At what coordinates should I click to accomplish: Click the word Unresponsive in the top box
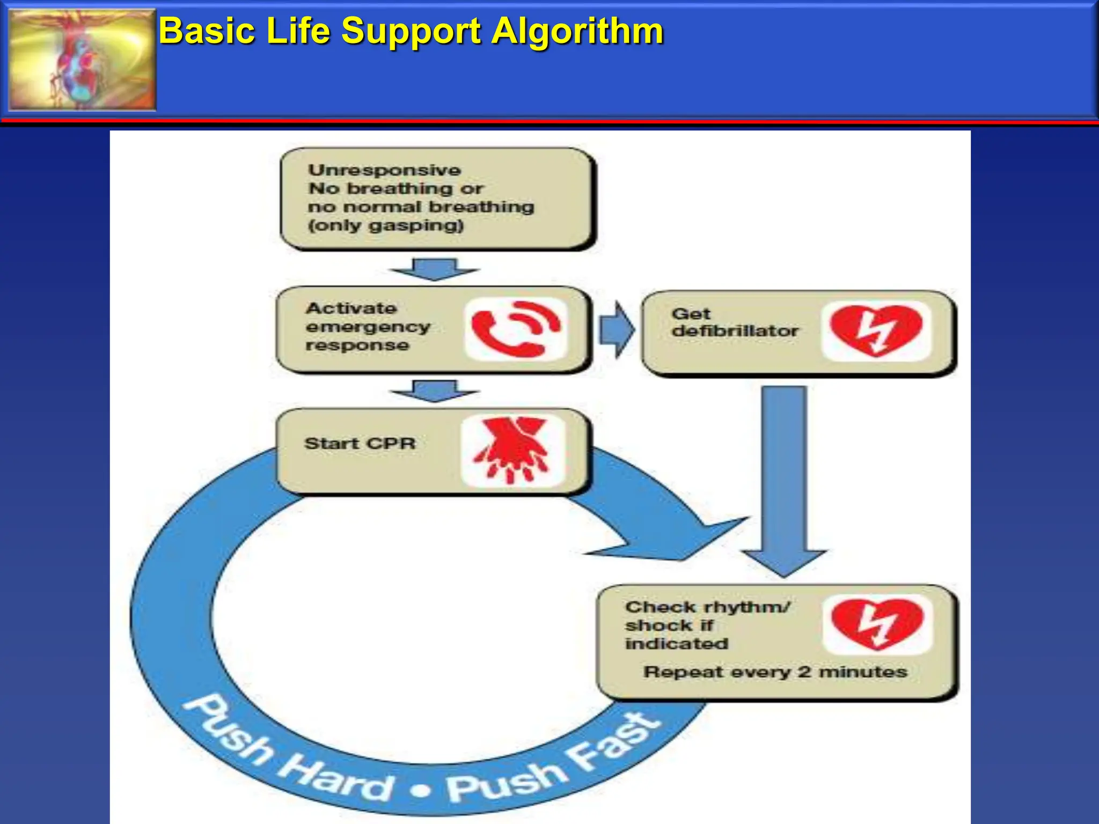pos(384,170)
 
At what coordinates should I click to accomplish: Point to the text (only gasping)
pos(385,225)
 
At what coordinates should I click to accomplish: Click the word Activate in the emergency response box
pos(351,308)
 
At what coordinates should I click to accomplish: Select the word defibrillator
pos(735,331)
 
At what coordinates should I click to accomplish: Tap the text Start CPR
pos(360,444)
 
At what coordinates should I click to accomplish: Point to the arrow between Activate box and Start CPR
pos(435,391)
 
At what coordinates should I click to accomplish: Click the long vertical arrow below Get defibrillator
pos(784,477)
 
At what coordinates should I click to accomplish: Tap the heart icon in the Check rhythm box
pos(877,624)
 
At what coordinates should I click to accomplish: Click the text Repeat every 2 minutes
pos(775,672)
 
